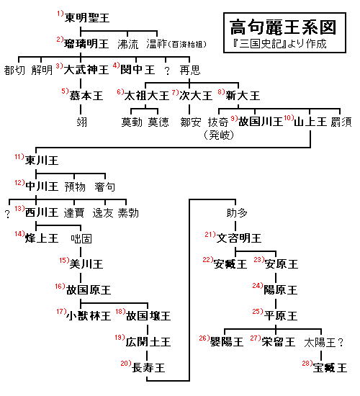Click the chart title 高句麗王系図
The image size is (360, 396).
[283, 27]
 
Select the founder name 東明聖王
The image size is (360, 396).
[87, 18]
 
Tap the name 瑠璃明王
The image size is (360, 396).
[86, 44]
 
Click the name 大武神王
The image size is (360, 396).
[86, 70]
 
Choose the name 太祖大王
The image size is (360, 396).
[146, 96]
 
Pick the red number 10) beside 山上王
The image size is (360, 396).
[289, 118]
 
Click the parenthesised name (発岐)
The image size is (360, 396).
[219, 135]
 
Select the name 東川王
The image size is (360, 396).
[42, 161]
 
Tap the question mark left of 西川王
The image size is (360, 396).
[8, 214]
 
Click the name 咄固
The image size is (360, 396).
[81, 238]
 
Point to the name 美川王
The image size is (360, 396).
[86, 264]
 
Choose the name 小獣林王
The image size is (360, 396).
[89, 315]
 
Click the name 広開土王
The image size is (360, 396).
[148, 342]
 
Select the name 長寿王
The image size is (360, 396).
[148, 367]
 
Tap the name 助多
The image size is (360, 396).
[237, 212]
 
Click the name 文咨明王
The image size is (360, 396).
[239, 238]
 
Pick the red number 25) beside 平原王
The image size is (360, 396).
[258, 311]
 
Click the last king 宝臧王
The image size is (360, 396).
[330, 368]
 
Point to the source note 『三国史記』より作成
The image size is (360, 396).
[279, 44]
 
